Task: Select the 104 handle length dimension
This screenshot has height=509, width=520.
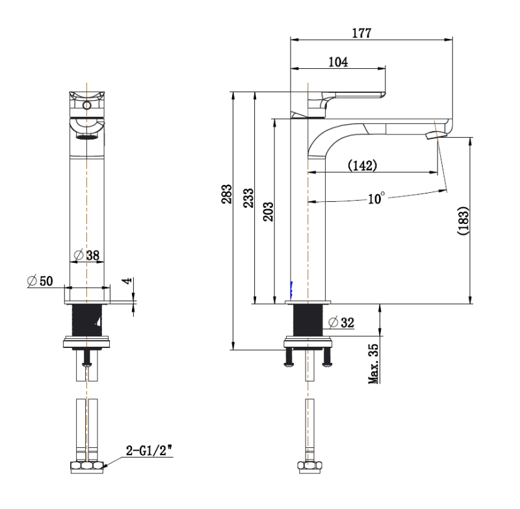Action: coord(338,62)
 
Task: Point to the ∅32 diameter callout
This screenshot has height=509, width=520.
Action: coord(341,323)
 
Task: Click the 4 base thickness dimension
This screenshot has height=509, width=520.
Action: coord(127,284)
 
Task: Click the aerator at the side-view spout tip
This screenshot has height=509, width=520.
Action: coord(434,135)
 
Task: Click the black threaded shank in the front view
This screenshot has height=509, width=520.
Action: coord(87,319)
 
